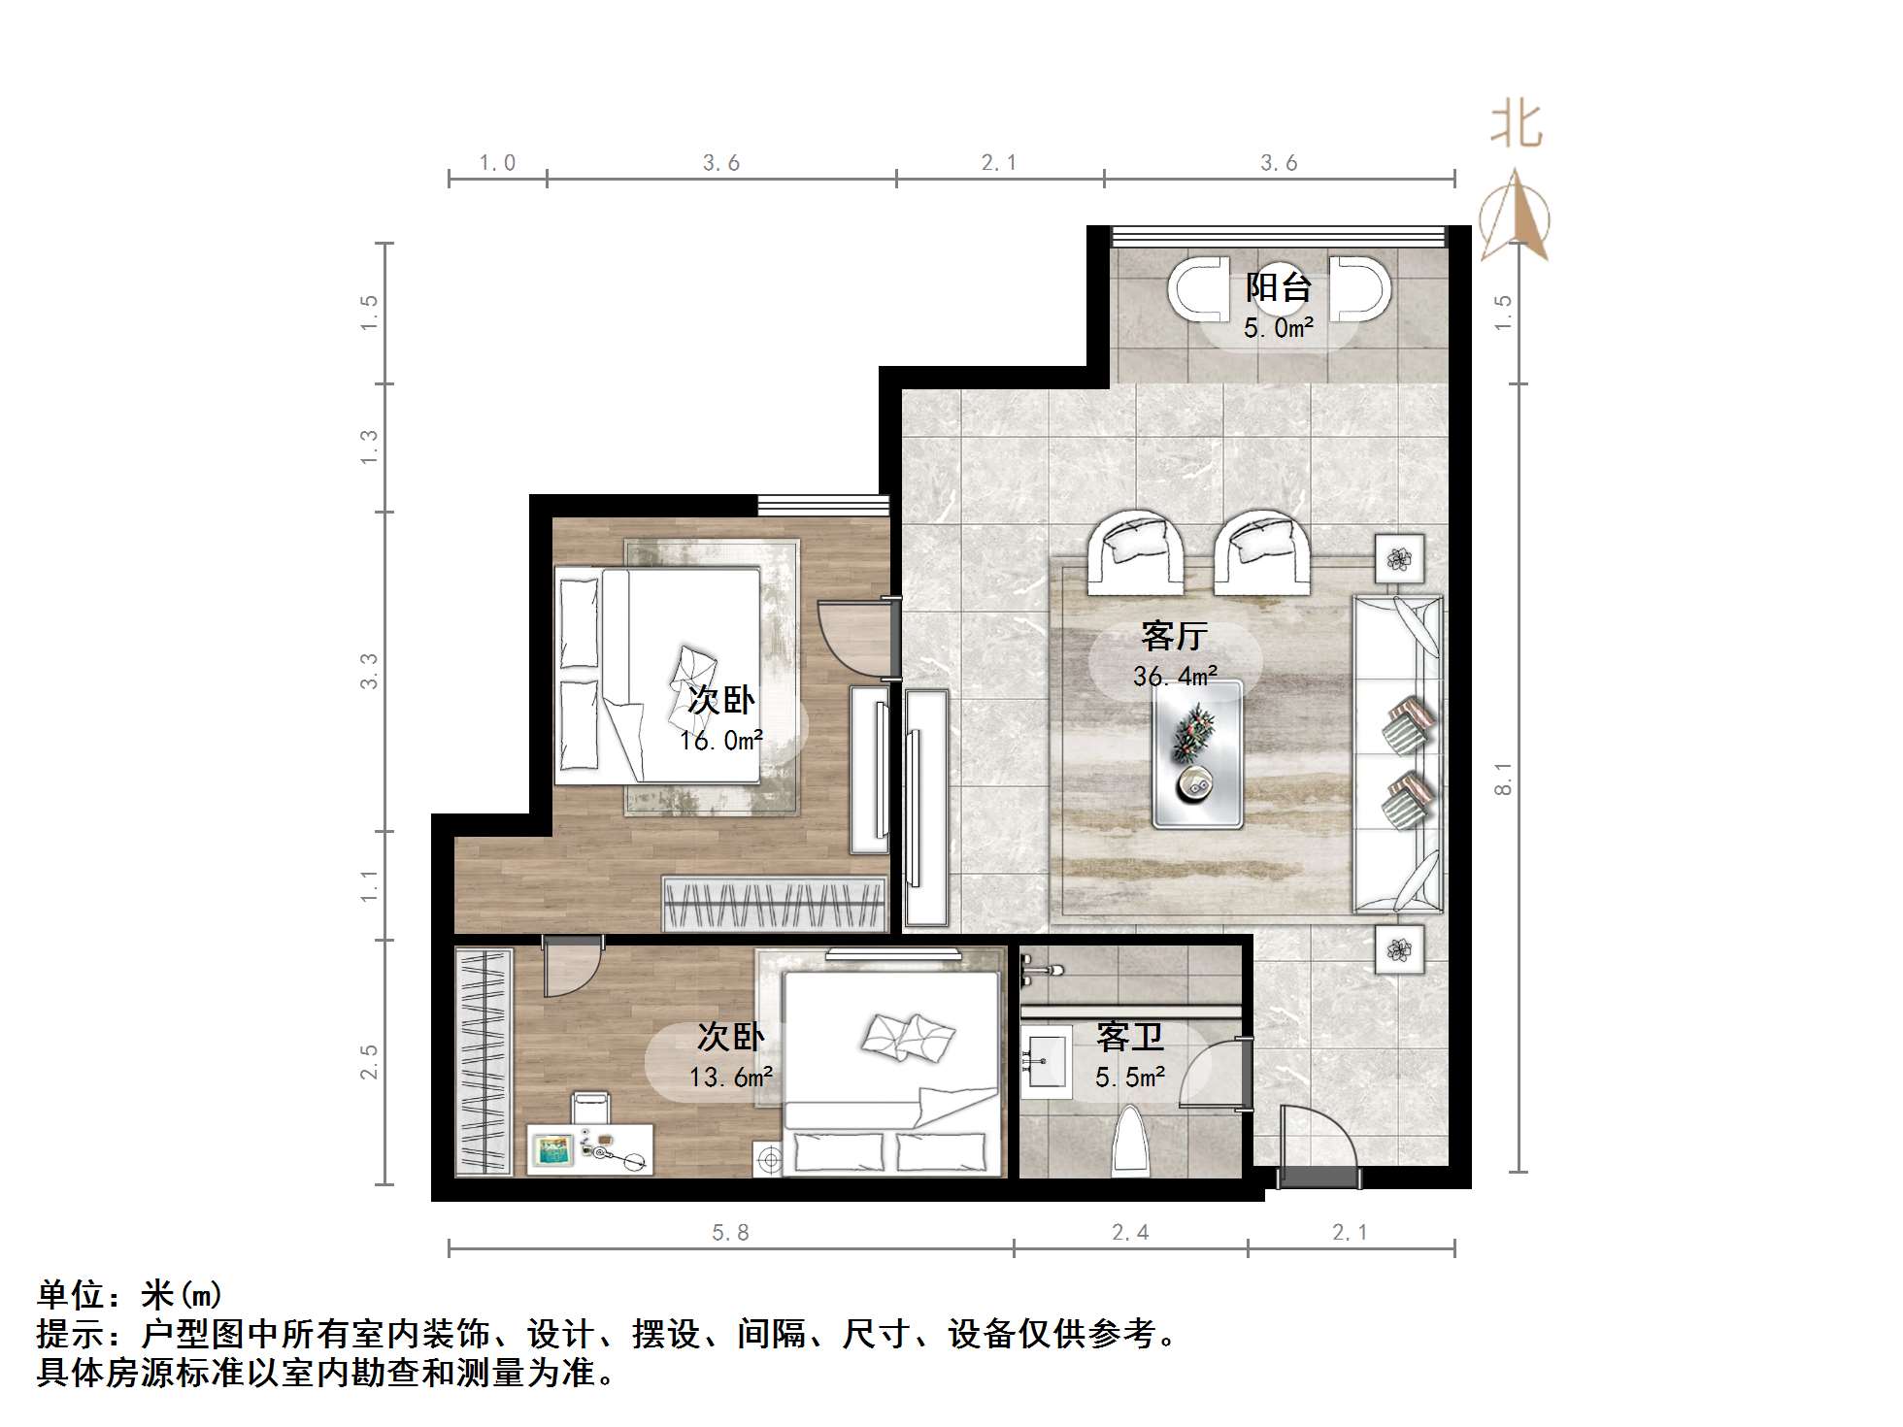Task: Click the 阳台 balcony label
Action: point(1279,287)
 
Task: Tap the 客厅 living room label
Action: point(1174,636)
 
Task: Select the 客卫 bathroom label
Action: point(1130,1038)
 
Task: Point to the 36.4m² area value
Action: point(1175,676)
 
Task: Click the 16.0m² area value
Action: point(720,741)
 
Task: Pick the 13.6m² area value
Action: point(730,1077)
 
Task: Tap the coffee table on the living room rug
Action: point(1197,754)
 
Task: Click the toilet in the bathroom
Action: point(1129,1142)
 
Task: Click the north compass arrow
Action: point(1515,216)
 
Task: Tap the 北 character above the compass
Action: point(1517,126)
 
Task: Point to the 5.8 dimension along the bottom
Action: point(730,1233)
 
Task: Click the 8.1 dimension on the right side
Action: point(1503,779)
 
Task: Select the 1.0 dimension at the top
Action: point(497,163)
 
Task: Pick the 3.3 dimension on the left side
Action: point(369,672)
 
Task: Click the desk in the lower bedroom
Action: point(590,1149)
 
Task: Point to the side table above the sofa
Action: point(1399,558)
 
